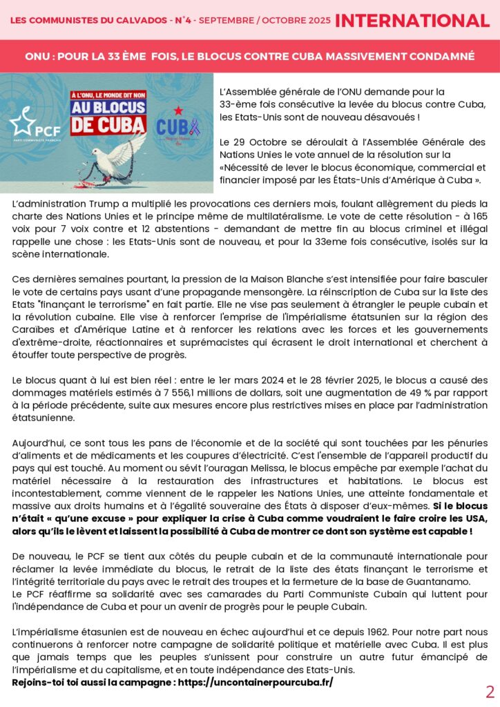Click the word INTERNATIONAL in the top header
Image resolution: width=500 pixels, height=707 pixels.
coord(412,21)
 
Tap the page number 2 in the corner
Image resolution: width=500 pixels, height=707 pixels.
coord(490,692)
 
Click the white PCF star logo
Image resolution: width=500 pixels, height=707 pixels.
coord(23,122)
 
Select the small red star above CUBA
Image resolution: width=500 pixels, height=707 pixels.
coord(177,110)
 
